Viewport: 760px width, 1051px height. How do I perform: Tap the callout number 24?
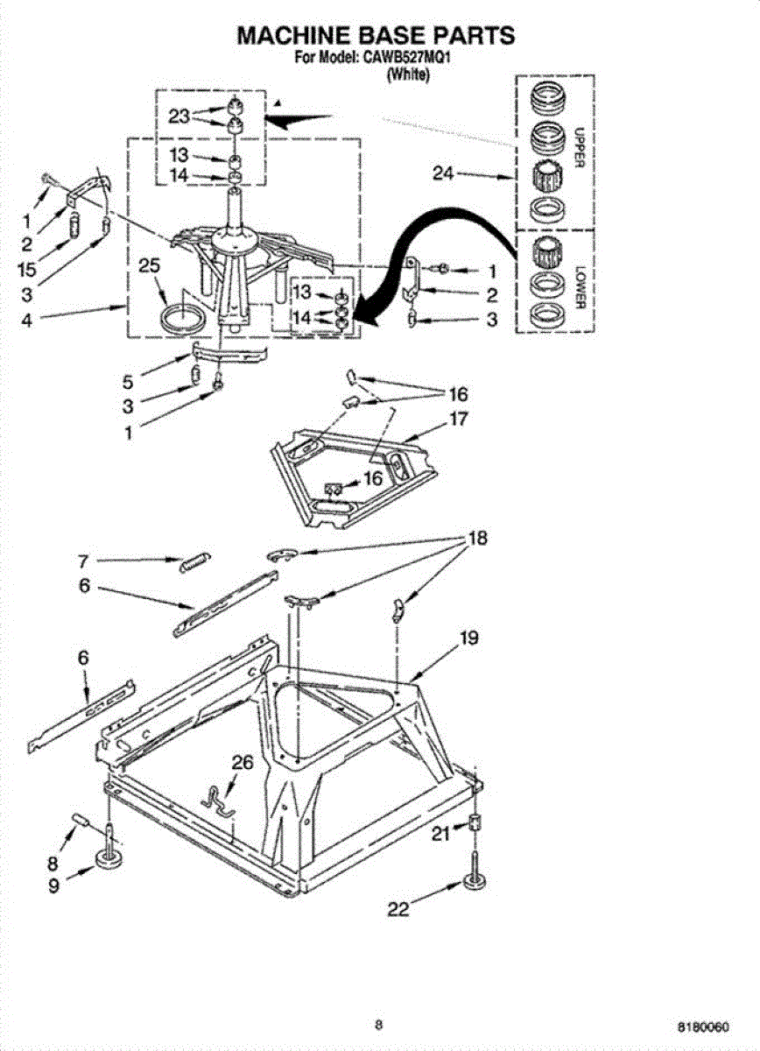(x=444, y=173)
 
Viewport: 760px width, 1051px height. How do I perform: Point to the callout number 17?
(x=458, y=419)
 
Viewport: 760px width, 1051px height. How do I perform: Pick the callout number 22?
(x=398, y=910)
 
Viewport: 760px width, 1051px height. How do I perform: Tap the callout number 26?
(x=243, y=763)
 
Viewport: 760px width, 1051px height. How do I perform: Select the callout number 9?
(x=55, y=885)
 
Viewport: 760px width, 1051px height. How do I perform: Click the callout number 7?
(x=84, y=561)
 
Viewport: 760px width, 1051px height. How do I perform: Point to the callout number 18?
(x=477, y=538)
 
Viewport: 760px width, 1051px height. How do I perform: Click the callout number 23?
(x=179, y=116)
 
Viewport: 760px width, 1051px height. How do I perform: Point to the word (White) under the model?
(x=407, y=75)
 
